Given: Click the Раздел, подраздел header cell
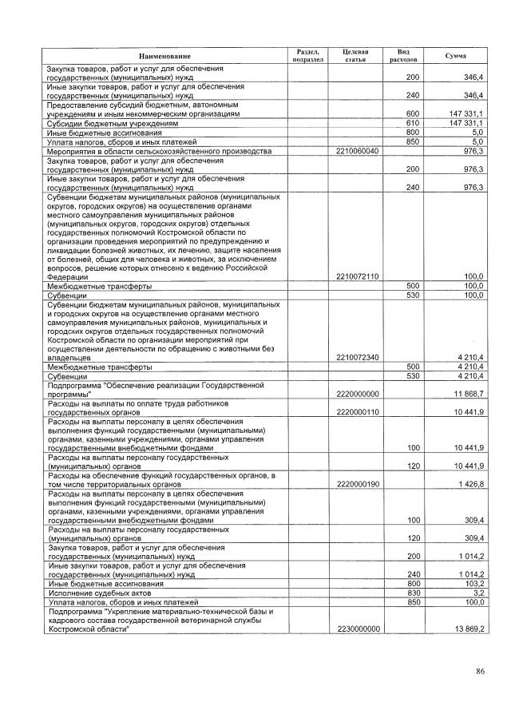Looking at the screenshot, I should tap(307, 55).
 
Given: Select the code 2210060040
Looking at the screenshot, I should tap(358, 150).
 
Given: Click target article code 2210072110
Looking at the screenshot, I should tap(358, 276).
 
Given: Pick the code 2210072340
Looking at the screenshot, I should tap(358, 357).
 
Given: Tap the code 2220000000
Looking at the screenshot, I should tap(358, 394).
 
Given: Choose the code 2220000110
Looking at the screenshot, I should tap(358, 411).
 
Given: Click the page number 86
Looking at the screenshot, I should tap(480, 671).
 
